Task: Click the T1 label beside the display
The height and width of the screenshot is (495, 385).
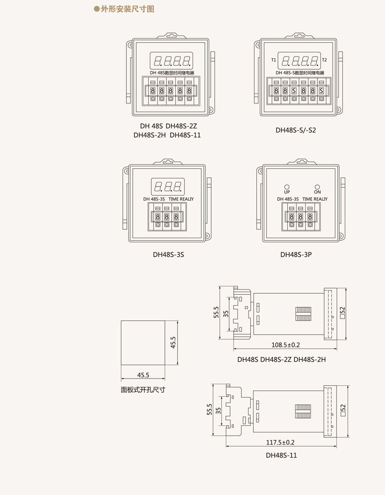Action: (274, 60)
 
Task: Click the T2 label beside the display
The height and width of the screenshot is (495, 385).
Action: (324, 60)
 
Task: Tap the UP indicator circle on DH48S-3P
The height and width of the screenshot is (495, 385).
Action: (287, 187)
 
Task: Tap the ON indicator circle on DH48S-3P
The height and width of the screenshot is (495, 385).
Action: (317, 187)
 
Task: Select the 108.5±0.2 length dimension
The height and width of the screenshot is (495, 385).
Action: (286, 345)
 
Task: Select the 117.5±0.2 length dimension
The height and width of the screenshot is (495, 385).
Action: (280, 442)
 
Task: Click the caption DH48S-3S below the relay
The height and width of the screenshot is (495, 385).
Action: (169, 254)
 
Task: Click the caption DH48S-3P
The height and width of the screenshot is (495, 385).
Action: (296, 254)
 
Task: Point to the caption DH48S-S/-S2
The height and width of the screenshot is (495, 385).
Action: (296, 130)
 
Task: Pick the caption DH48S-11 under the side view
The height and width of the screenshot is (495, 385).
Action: (281, 455)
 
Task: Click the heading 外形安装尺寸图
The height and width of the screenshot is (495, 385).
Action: (127, 9)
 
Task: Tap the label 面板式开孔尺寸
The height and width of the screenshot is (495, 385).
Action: (143, 389)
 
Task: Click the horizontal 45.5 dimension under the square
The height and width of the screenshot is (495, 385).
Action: (143, 375)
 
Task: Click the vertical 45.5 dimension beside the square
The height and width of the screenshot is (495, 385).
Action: (173, 343)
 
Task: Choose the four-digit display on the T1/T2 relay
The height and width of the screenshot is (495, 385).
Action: (299, 61)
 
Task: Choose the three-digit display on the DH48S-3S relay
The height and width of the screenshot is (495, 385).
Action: (168, 187)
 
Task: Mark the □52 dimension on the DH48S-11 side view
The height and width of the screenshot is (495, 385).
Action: (343, 410)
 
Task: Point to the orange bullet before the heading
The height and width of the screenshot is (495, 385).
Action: (97, 9)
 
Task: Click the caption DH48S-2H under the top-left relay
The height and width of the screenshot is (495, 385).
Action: (149, 135)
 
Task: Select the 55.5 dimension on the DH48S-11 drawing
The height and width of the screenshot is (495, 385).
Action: (209, 409)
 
